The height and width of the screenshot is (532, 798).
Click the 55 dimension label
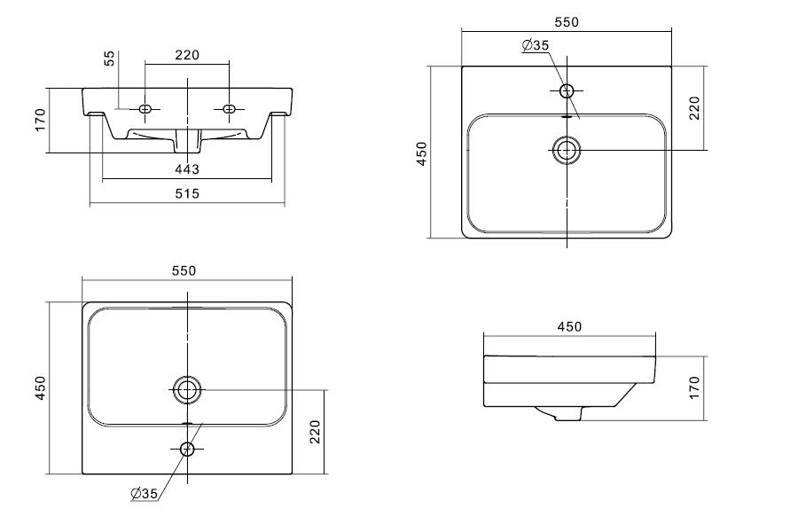109,58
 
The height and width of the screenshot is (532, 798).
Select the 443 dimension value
187,169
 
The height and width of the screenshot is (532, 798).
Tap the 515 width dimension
187,193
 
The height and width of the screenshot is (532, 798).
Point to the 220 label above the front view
187,55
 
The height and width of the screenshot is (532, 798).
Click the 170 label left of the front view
40,121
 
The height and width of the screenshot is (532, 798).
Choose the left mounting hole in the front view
145,108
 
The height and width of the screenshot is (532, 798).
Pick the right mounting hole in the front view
229,108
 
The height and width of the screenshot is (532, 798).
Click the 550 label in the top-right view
567,22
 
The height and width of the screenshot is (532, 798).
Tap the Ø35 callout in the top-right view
536,45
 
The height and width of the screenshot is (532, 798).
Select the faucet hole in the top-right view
567,91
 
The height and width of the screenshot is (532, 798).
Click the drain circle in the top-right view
567,150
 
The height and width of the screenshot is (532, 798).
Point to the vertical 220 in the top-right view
694,108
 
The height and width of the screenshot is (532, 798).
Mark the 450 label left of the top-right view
422,153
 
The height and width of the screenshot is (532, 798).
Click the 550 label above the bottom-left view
184,270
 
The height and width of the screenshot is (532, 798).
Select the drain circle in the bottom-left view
187,390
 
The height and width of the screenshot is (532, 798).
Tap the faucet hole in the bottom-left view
187,449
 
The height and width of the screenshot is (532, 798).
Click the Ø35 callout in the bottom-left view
144,493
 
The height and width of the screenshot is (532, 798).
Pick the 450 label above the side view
569,326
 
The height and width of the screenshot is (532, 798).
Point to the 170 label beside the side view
694,388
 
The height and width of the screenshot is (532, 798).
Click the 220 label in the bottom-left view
315,432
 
